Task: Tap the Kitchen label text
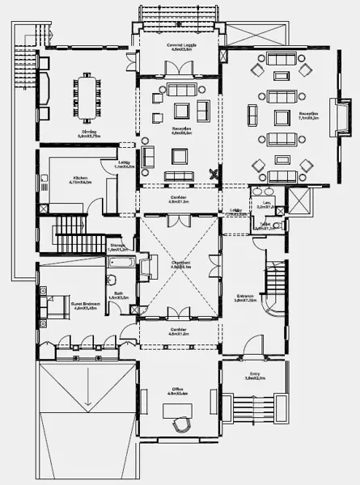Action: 83,179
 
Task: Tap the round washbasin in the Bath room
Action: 111,280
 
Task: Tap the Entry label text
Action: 254,374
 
